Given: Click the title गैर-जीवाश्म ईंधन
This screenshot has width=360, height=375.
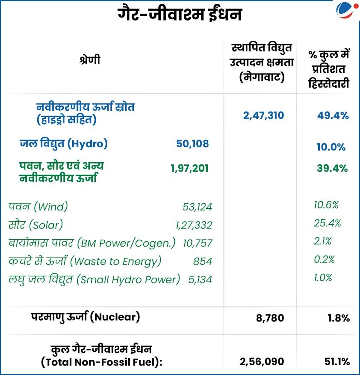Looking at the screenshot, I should pyautogui.click(x=180, y=15).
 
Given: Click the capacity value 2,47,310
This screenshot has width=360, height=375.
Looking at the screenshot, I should pyautogui.click(x=263, y=115).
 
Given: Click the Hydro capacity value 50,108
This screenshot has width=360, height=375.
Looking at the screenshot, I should pyautogui.click(x=192, y=144).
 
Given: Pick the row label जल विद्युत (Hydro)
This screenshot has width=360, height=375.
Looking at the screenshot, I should pyautogui.click(x=63, y=144).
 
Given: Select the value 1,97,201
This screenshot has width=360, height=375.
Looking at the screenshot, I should pyautogui.click(x=189, y=168).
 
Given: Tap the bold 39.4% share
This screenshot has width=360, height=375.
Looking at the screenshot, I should pyautogui.click(x=332, y=168).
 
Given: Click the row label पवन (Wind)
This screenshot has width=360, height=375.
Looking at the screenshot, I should pyautogui.click(x=38, y=207).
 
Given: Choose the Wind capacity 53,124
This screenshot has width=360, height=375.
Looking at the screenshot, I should pyautogui.click(x=197, y=207).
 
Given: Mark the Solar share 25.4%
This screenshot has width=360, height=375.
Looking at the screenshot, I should pyautogui.click(x=327, y=223).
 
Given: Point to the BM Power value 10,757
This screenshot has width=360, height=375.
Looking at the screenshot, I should pyautogui.click(x=197, y=243).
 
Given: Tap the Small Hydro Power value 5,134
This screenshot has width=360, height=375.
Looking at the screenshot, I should pyautogui.click(x=200, y=280).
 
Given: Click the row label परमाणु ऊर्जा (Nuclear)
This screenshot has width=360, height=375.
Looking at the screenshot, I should pyautogui.click(x=86, y=317).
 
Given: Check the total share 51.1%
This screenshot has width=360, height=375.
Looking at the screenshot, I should pyautogui.click(x=336, y=362).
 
